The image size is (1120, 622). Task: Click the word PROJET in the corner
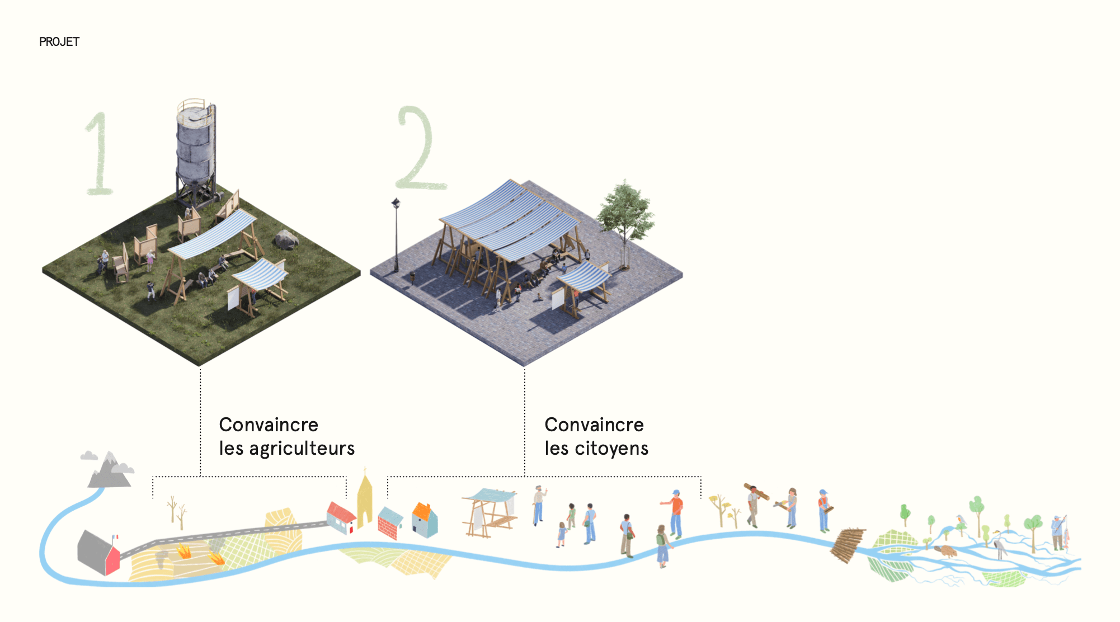coord(59,42)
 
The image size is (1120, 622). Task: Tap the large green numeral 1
coord(100,154)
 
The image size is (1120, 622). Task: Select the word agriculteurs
coord(302,449)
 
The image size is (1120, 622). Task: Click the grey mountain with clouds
coord(109,470)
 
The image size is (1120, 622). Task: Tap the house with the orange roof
coord(425,520)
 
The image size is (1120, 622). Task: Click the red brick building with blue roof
coord(390,523)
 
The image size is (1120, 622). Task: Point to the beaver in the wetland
coord(947,551)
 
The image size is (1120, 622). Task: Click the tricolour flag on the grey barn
coord(115,538)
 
